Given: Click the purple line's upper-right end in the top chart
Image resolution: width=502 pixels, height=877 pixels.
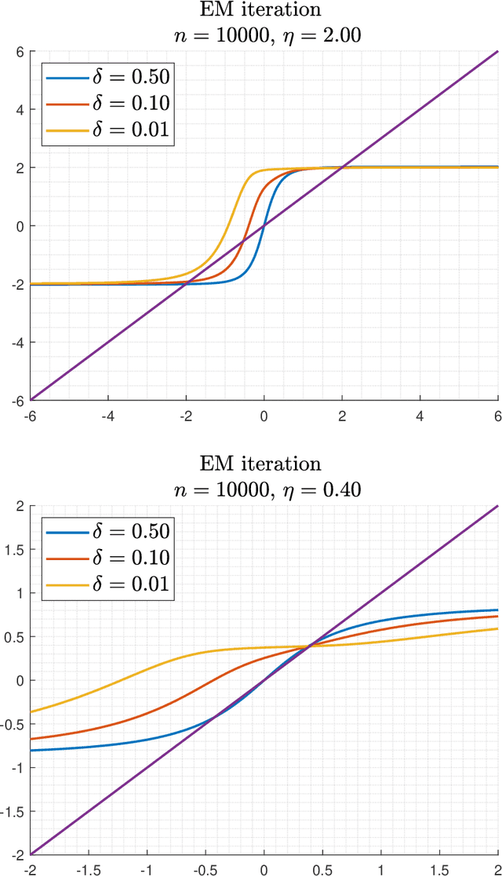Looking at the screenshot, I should tap(497, 52).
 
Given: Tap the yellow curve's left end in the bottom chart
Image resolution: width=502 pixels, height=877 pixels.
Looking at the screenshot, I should tap(31, 711).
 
